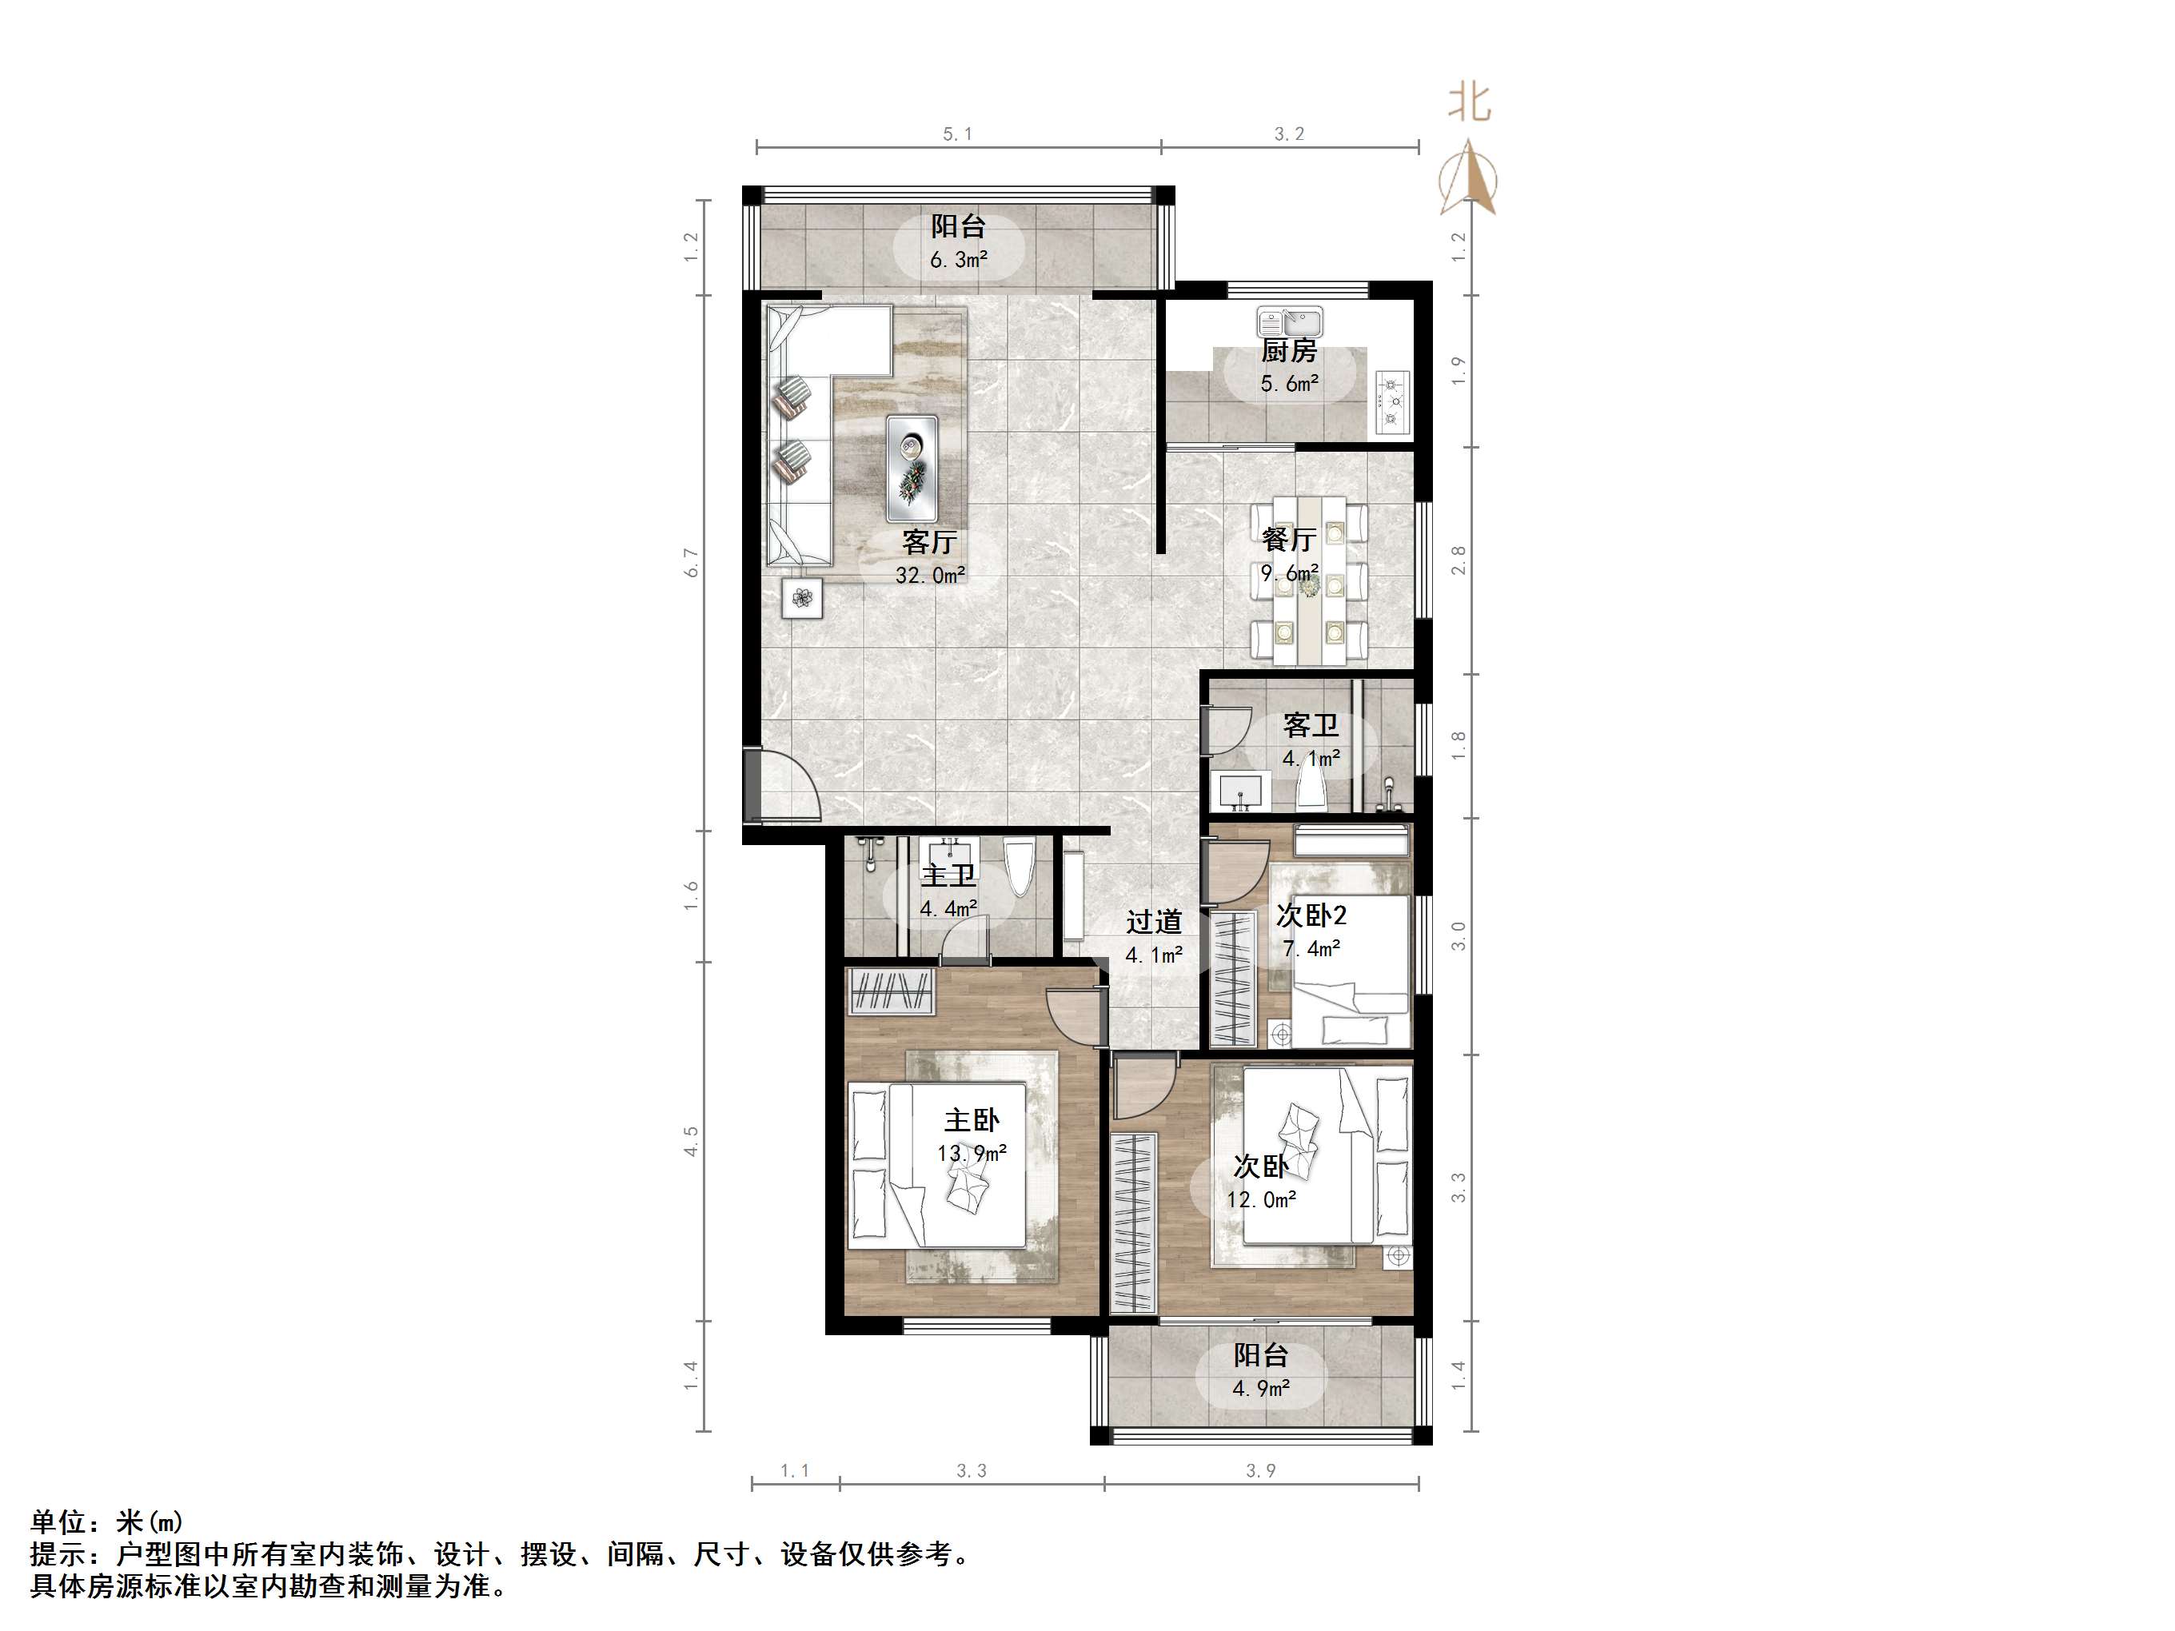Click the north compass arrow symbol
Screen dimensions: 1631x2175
pos(1468,179)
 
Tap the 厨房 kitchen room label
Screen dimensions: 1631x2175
pos(1288,351)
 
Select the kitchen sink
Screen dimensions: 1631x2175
pos(1290,321)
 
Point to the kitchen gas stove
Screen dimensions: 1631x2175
pos(1392,402)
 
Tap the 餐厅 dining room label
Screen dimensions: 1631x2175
pos(1288,539)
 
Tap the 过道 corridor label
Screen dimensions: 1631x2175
pos(1153,922)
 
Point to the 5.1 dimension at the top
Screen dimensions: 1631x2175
pos(956,134)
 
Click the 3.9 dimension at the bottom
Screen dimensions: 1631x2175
pos(1260,1471)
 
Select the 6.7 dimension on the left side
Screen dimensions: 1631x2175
pos(691,562)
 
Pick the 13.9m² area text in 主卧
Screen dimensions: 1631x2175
pos(972,1153)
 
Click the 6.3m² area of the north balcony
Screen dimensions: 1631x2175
pos(959,261)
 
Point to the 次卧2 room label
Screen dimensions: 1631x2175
pos(1311,915)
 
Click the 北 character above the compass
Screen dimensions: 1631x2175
pos(1469,103)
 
